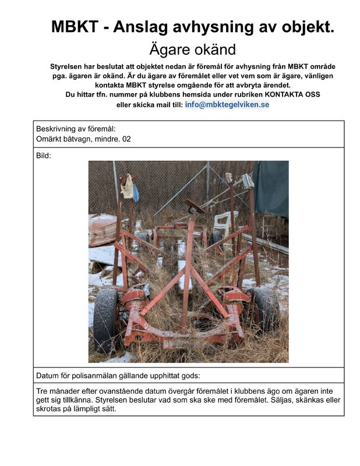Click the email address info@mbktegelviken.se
click(227, 105)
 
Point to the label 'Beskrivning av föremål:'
click(76, 129)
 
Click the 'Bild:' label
click(44, 156)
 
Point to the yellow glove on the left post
click(127, 186)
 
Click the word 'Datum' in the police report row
click(48, 376)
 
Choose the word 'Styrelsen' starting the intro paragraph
click(70, 67)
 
